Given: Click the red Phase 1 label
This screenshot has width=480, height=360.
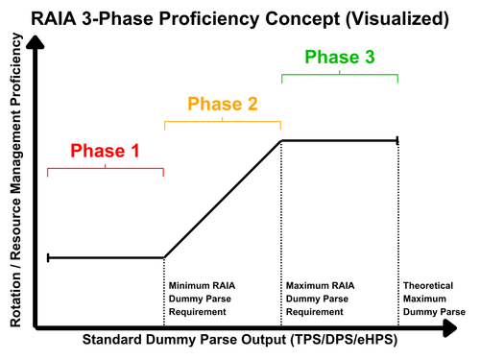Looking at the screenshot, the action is click(x=105, y=151).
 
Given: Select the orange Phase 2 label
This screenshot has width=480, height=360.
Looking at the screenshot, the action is click(x=223, y=104).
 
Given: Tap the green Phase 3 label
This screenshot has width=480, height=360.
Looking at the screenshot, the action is click(x=340, y=57).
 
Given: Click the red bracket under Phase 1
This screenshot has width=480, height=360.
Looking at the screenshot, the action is click(x=106, y=168).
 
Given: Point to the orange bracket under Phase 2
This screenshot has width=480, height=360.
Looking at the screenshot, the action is click(x=223, y=122).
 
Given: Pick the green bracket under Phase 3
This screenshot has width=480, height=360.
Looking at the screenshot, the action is click(x=340, y=75).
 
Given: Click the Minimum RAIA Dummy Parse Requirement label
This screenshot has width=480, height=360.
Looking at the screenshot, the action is click(x=202, y=299).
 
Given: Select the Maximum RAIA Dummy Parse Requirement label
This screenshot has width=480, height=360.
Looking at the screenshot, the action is click(x=320, y=299).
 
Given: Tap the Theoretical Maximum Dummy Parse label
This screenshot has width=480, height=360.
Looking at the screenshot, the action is click(x=434, y=299).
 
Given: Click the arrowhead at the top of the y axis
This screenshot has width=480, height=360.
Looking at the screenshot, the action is click(x=36, y=42).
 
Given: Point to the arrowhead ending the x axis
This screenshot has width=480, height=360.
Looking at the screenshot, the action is click(x=450, y=328).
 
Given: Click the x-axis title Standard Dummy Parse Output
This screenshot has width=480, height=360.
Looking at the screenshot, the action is click(x=240, y=340).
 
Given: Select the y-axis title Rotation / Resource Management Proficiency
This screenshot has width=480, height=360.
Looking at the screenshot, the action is click(x=16, y=180).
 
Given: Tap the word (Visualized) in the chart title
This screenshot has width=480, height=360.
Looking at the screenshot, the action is click(x=397, y=19).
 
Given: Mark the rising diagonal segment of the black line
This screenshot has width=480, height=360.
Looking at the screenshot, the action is click(x=223, y=199).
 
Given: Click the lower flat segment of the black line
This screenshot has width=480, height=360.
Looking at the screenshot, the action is click(x=106, y=257).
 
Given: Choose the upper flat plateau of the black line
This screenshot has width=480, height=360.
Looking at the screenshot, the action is click(x=340, y=140).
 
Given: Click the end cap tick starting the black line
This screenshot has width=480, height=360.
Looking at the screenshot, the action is click(x=48, y=257).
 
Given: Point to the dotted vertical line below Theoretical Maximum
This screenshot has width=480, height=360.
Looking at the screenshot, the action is click(x=398, y=233).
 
